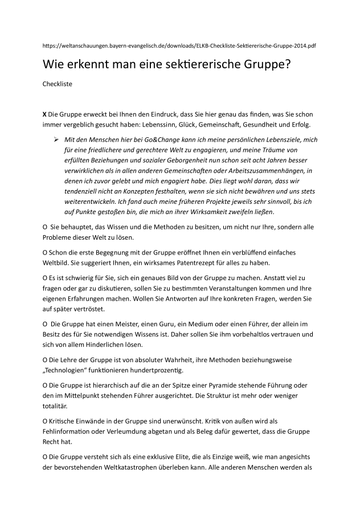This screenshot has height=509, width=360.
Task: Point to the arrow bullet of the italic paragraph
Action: (56, 139)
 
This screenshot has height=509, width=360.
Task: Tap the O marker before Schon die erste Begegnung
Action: (45, 252)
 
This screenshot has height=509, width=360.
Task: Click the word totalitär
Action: (55, 406)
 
